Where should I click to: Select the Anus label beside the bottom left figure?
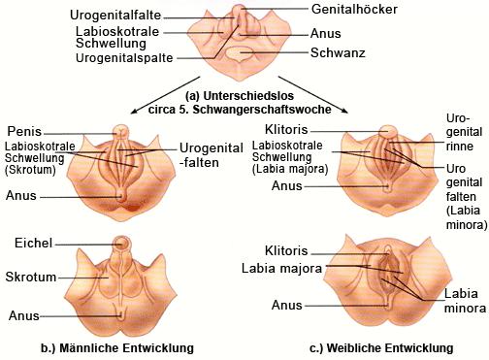pyautogui.click(x=25, y=315)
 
